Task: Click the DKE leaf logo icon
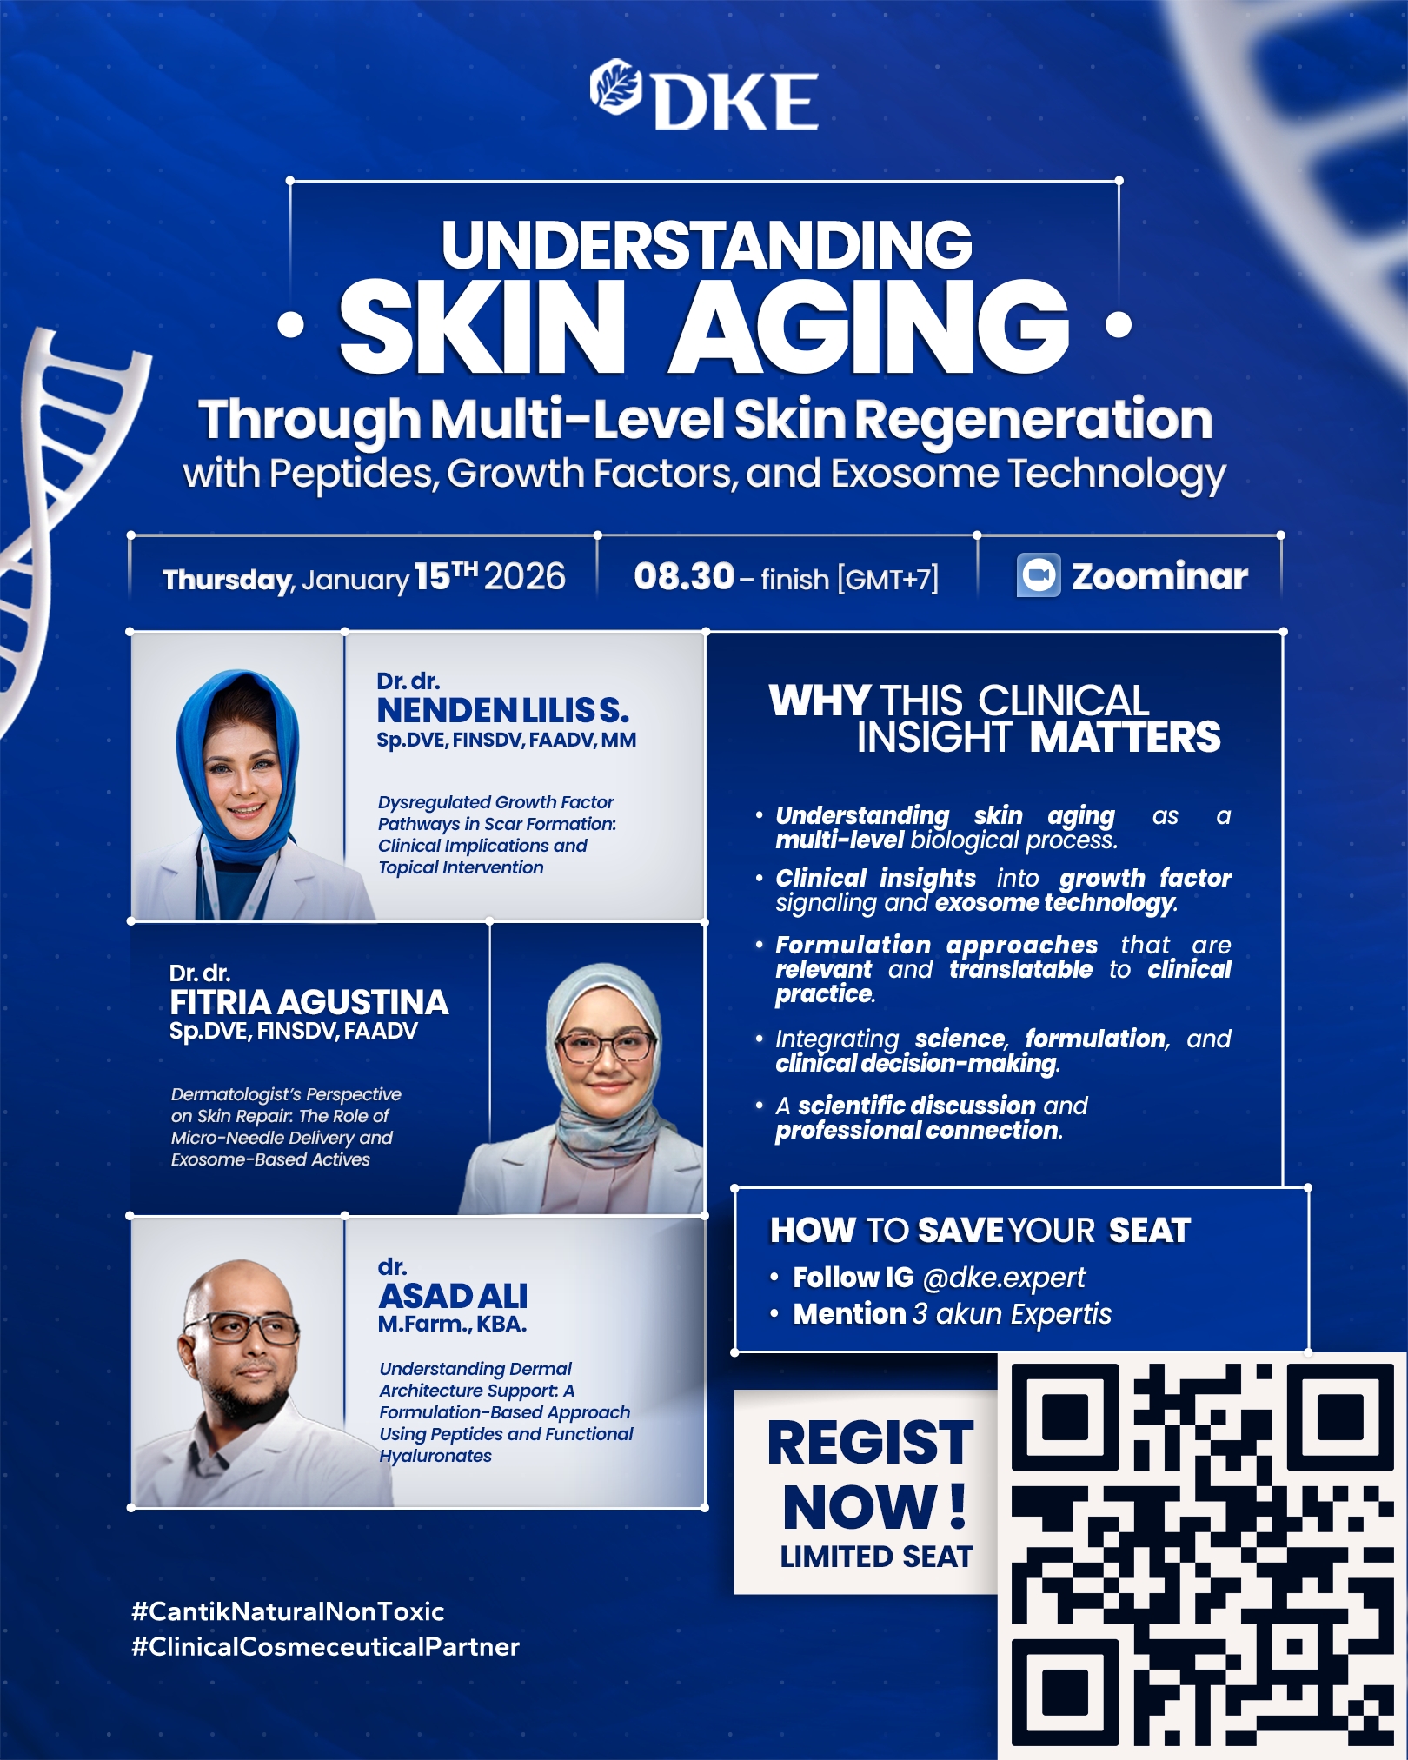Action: [x=615, y=87]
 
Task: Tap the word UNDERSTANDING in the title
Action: [x=707, y=244]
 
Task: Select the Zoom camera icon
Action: [x=1039, y=575]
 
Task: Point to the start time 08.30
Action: [x=684, y=576]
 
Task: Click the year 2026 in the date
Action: [x=525, y=576]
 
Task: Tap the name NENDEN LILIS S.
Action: [x=503, y=711]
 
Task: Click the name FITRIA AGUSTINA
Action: [x=309, y=1003]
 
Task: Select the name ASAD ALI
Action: [x=453, y=1297]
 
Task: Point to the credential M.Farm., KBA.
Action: [x=452, y=1325]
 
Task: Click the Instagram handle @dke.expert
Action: [x=1004, y=1278]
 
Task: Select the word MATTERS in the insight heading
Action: [x=1126, y=737]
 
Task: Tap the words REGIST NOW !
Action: [x=872, y=1474]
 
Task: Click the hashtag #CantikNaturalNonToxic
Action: [x=288, y=1611]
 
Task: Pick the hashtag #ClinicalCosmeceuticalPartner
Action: [x=325, y=1647]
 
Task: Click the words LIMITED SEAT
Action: [x=876, y=1557]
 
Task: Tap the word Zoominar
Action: [x=1159, y=576]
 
